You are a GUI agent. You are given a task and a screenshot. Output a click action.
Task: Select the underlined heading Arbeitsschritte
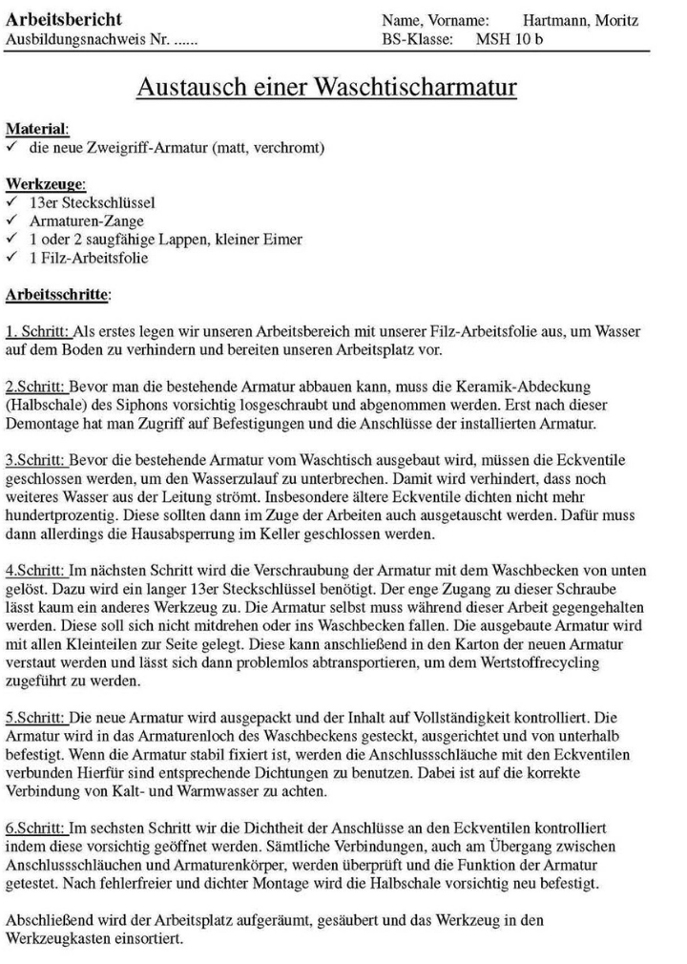tap(57, 296)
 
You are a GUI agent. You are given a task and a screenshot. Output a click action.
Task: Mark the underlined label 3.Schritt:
tap(36, 463)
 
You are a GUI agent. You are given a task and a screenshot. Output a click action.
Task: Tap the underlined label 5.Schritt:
tap(36, 715)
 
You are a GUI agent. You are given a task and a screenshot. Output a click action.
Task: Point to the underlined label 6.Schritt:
tap(36, 825)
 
